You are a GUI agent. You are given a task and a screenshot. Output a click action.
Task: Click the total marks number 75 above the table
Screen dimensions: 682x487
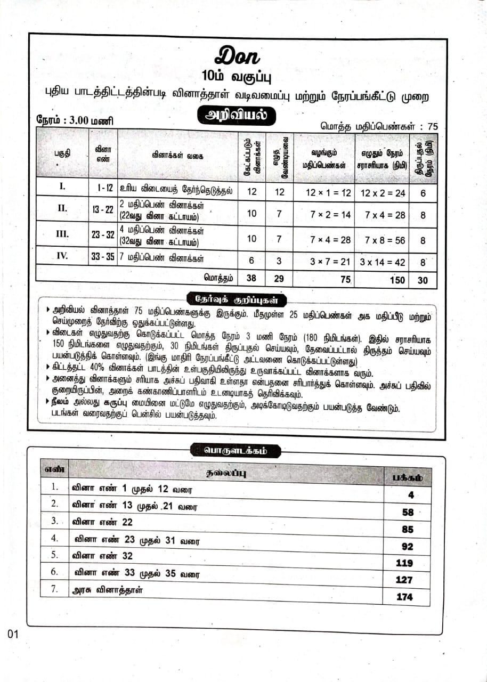point(432,126)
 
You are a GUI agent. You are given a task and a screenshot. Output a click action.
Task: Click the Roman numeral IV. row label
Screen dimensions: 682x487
point(62,256)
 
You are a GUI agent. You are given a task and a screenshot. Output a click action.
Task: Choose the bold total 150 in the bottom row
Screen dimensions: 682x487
point(397,280)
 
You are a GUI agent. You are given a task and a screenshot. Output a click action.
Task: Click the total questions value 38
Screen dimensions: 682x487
point(251,279)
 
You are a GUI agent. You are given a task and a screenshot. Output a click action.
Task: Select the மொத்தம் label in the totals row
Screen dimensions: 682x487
point(219,278)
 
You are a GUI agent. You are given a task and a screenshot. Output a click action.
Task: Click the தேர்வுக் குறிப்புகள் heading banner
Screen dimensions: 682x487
point(237,298)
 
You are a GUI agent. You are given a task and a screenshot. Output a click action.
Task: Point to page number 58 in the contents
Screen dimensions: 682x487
point(408,512)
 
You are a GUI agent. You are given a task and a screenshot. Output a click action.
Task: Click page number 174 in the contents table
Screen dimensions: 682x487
point(404,597)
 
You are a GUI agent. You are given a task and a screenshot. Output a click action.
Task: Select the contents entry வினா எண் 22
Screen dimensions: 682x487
point(102,522)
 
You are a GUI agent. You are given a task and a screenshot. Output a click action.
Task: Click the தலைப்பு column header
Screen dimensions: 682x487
point(226,473)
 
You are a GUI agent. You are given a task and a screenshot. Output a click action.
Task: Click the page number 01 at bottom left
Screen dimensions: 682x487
point(13,635)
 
